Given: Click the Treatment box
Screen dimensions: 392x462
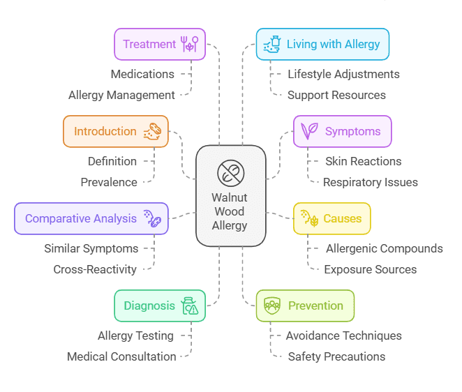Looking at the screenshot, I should point(160,44).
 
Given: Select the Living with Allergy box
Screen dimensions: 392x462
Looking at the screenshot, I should point(322,44).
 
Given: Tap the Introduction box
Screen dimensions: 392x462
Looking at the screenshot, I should point(115,131).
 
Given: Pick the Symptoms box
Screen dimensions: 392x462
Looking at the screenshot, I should point(342,131).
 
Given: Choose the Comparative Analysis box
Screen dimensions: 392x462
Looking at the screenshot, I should point(91,218).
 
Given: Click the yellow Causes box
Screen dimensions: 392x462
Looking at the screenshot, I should point(331,218).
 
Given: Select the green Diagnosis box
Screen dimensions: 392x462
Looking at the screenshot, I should point(160,306).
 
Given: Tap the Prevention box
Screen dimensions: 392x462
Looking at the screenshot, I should point(306,306).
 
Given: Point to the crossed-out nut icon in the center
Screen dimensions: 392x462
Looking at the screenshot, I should point(230,172).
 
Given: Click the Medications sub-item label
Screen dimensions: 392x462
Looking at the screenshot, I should point(142,74).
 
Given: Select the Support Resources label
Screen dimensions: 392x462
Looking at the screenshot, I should point(336,95).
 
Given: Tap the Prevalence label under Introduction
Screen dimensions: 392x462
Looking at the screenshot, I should point(109,182).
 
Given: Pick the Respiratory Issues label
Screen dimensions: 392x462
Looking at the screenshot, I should point(371,182).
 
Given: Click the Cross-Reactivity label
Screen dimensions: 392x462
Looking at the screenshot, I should point(95,269).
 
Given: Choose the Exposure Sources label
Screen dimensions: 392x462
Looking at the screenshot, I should point(371,269).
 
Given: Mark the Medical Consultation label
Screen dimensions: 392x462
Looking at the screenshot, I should point(121,356).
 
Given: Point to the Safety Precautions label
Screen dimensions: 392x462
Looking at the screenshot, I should point(336,356).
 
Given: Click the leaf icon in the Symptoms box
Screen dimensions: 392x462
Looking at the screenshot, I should point(309,131).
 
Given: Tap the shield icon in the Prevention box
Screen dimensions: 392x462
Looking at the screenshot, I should point(273,306).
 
